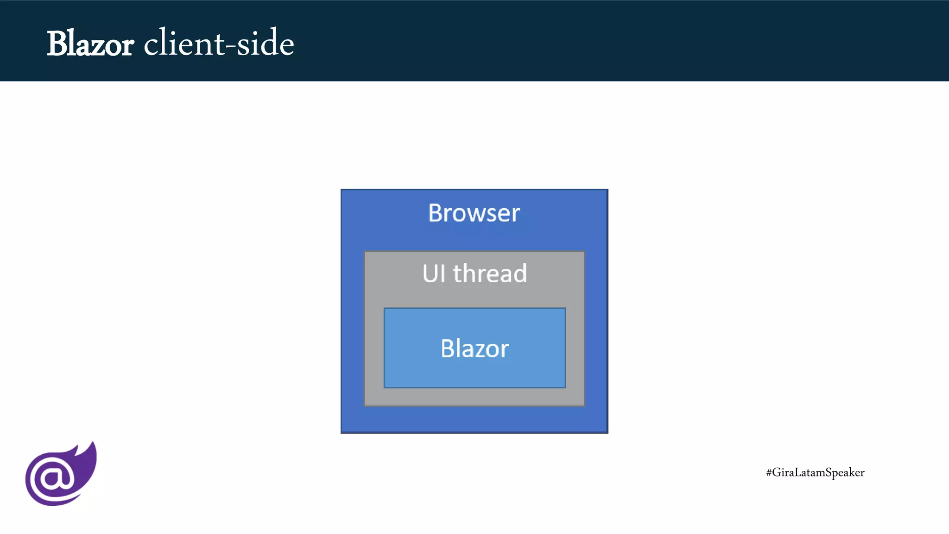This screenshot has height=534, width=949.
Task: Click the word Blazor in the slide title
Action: [x=90, y=44]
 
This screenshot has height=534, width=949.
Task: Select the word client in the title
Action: [x=184, y=43]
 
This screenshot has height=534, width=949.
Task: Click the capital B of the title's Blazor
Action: [x=58, y=44]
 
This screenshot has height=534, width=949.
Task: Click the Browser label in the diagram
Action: [x=474, y=213]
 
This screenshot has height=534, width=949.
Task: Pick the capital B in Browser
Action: [x=436, y=213]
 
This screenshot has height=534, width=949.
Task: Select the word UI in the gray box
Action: [x=433, y=273]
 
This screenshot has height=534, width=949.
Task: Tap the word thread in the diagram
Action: [x=490, y=273]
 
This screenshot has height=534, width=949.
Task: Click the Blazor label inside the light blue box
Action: [x=474, y=349]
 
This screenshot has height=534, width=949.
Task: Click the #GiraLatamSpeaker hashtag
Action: [x=815, y=472]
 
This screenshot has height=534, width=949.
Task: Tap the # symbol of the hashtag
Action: [x=769, y=473]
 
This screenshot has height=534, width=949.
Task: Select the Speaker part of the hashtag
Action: [x=845, y=473]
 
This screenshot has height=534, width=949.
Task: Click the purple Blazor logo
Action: [x=60, y=475]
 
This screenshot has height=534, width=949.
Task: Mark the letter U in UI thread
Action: [x=429, y=273]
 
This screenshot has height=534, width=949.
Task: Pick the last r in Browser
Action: [x=516, y=215]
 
